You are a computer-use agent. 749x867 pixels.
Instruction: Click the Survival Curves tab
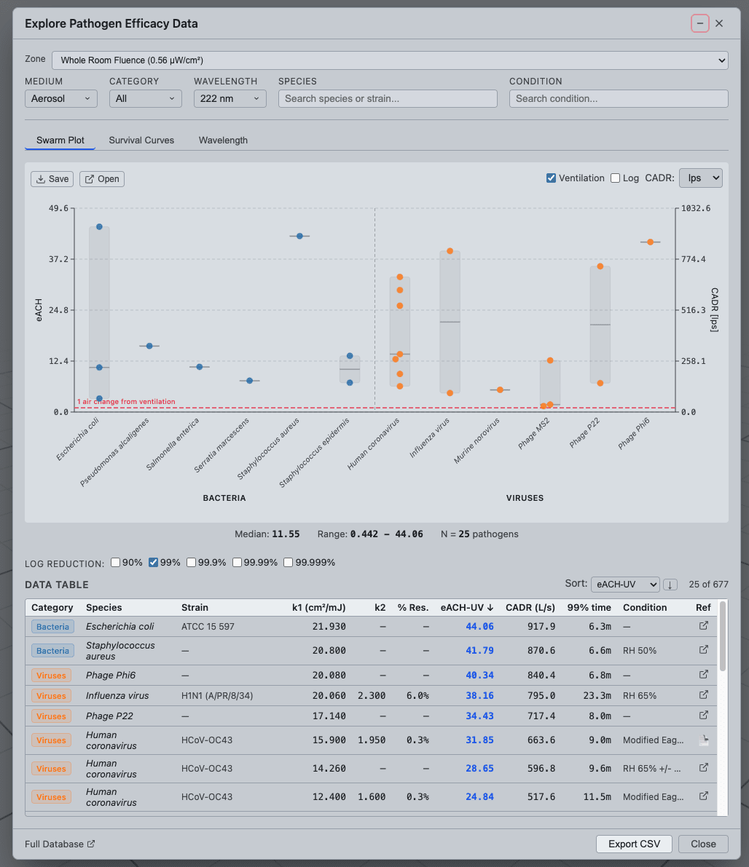tap(141, 140)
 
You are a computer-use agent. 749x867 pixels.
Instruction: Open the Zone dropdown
tap(390, 60)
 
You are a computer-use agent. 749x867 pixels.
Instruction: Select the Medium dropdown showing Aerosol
tap(61, 98)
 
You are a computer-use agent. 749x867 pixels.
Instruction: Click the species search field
tap(388, 98)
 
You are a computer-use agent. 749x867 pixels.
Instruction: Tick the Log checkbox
tap(615, 178)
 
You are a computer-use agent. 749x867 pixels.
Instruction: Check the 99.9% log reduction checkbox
tap(192, 562)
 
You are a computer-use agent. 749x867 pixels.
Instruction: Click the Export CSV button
tap(634, 844)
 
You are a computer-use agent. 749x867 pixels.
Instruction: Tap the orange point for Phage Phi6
tap(651, 242)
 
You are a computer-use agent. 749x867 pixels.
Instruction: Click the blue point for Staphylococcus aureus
tap(299, 236)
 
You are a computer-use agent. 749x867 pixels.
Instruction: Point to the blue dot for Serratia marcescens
tap(250, 381)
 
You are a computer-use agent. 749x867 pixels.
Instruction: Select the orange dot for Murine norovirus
tap(500, 389)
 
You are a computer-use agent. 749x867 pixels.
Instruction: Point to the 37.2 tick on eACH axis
tap(59, 259)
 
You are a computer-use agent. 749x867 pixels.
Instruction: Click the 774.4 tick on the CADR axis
tap(694, 259)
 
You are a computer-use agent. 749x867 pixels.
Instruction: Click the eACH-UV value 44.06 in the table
tap(479, 627)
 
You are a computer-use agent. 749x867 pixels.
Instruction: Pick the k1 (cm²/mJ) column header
tap(319, 608)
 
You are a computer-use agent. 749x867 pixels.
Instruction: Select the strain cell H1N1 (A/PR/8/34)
tap(217, 696)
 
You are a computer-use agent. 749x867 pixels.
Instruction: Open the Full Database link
tap(60, 844)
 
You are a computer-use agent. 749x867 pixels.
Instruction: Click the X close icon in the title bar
tap(719, 23)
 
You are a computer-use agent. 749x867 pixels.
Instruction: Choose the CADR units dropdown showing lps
tap(701, 178)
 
